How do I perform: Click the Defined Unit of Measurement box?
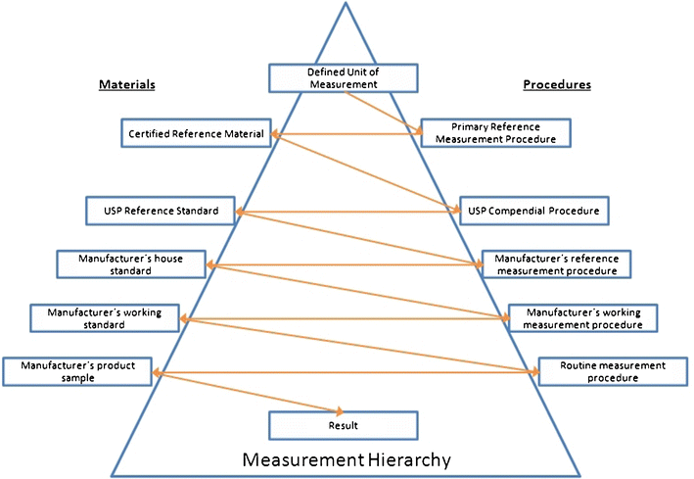[344, 77]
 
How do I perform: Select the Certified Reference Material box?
[195, 133]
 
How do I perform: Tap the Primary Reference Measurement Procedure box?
[495, 133]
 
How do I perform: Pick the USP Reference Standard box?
[160, 210]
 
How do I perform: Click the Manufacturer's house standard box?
[131, 263]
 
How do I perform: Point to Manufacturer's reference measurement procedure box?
[556, 264]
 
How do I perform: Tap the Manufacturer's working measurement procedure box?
[582, 317]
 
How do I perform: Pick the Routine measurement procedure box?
[613, 371]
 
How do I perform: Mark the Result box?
[344, 425]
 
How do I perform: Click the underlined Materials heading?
[127, 84]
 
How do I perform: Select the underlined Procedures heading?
[557, 84]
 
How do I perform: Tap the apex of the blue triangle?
[345, 4]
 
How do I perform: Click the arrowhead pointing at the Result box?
[340, 411]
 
